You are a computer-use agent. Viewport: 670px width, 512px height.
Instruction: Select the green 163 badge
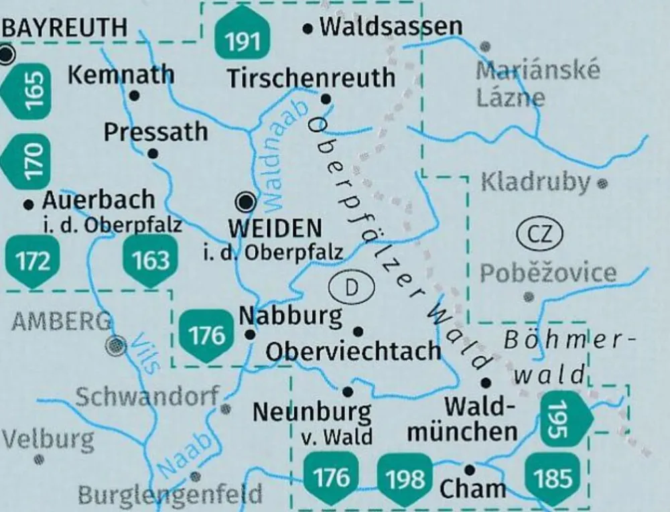tap(151, 261)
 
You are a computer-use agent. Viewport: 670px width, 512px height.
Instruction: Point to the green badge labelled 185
tap(553, 478)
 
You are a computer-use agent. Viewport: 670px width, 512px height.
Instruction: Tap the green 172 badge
tap(31, 261)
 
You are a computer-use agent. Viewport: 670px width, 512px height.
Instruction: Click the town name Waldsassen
tap(391, 27)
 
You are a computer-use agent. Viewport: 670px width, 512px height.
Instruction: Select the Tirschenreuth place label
tap(312, 78)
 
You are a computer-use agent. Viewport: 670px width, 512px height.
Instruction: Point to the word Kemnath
tap(121, 74)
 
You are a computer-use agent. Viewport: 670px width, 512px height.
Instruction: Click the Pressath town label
tap(155, 131)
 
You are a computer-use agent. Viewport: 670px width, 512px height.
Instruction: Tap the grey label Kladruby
tap(536, 182)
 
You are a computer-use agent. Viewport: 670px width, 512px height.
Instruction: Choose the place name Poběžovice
tap(548, 272)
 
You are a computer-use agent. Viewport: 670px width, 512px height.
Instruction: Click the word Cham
tap(472, 489)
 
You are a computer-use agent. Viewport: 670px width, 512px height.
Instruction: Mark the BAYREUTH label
tap(64, 27)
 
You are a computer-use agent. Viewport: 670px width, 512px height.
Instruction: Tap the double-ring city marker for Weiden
tap(247, 200)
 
